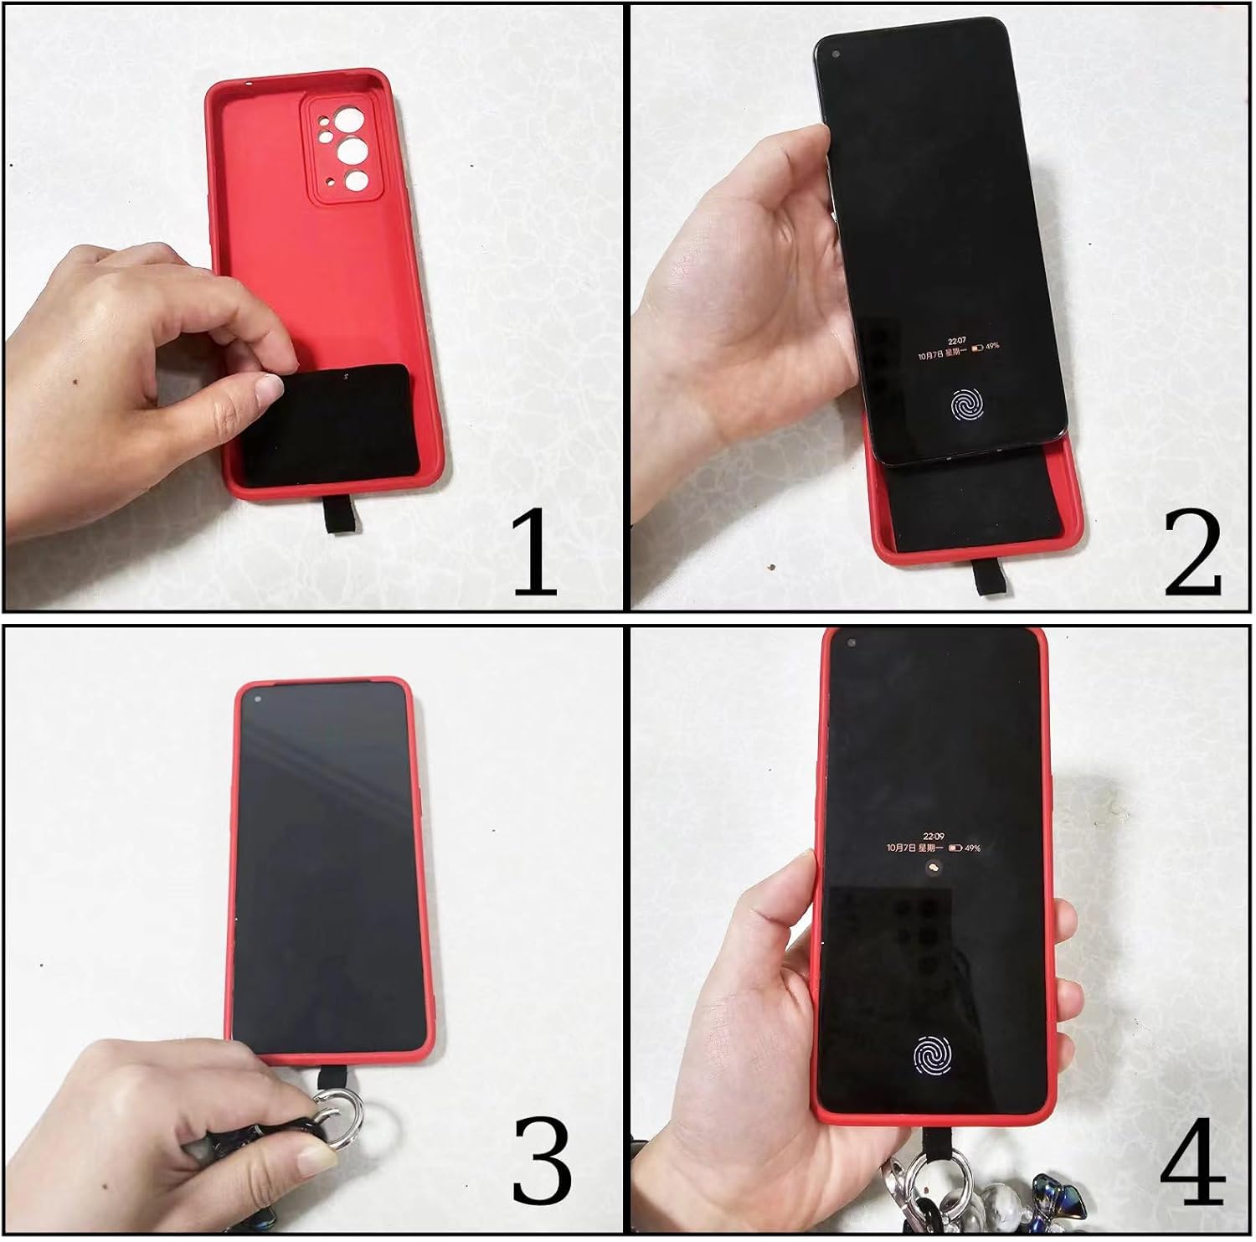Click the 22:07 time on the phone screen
(956, 342)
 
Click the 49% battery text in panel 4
(973, 848)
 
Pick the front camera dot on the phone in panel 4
(852, 643)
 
